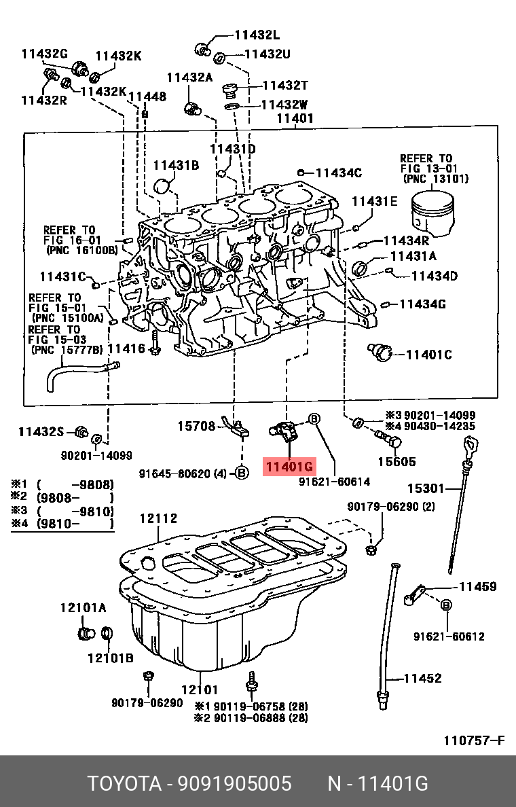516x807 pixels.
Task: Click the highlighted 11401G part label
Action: [x=289, y=467]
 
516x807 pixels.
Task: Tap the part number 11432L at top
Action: [x=257, y=35]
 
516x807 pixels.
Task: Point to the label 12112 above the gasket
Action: [x=158, y=519]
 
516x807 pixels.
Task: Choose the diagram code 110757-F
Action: [x=474, y=740]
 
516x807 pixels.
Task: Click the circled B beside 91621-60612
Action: [x=447, y=605]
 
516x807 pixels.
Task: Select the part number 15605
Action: [x=396, y=462]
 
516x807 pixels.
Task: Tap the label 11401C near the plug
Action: [x=428, y=354]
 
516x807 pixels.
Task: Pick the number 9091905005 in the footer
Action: [x=234, y=783]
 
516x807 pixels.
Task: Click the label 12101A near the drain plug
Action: [x=83, y=608]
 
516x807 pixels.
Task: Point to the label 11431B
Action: [x=175, y=165]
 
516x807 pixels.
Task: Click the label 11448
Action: [x=147, y=97]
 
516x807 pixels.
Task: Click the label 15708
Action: [x=196, y=426]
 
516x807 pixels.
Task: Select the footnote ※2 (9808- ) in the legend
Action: [x=62, y=498]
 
